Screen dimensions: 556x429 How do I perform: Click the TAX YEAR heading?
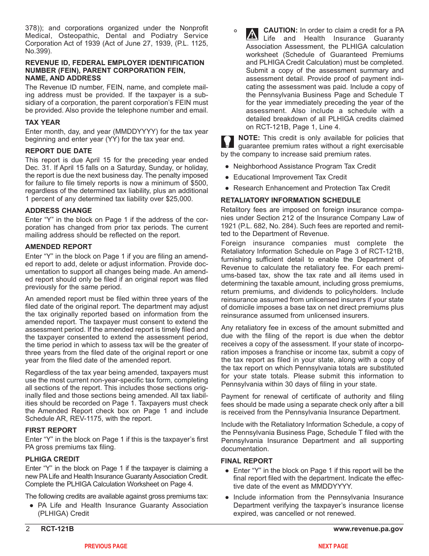click(42, 123)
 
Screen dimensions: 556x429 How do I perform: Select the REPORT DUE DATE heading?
click(58, 151)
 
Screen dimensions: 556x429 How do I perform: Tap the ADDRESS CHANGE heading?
click(58, 211)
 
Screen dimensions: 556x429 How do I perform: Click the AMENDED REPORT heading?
click(58, 247)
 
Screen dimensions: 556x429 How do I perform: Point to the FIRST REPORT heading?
click(51, 430)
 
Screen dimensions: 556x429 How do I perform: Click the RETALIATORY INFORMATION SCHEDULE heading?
click(290, 200)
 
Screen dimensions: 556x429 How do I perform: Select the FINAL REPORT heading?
click(247, 461)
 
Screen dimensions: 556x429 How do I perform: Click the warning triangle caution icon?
click(252, 34)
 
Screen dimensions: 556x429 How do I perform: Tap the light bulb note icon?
click(227, 142)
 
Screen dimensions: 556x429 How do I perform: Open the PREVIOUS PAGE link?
click(106, 547)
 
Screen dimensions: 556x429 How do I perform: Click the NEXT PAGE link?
click(333, 547)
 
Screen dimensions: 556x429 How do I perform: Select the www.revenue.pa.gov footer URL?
click(368, 529)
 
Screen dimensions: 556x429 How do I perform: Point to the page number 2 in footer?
click(28, 529)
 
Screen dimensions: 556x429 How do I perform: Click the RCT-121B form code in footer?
click(57, 529)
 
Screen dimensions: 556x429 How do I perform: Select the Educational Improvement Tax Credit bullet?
click(290, 177)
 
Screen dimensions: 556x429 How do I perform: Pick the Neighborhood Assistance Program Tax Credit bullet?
click(304, 166)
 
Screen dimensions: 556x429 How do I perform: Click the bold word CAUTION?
click(280, 30)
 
